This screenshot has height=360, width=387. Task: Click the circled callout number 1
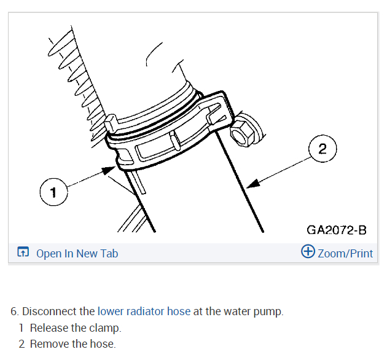(53, 193)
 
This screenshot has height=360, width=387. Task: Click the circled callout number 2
(323, 149)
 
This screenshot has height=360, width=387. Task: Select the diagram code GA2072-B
(336, 230)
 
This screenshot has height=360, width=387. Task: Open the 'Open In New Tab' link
(77, 253)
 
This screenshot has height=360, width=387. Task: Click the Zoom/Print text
(345, 253)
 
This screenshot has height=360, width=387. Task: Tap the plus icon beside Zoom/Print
(308, 252)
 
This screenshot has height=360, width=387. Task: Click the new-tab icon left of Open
(23, 252)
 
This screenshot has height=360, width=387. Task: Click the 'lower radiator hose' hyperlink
(144, 311)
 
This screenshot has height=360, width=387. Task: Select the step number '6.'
(14, 311)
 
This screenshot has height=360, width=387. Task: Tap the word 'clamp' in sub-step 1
(106, 327)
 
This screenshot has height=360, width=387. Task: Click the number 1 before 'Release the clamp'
(21, 327)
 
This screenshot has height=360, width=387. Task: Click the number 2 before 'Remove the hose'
(21, 343)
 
